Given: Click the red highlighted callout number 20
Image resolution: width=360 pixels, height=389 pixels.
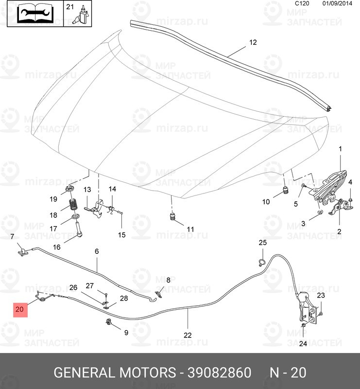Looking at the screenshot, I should pyautogui.click(x=20, y=309).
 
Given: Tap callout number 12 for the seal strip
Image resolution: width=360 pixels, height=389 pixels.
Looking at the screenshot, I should pyautogui.click(x=252, y=42).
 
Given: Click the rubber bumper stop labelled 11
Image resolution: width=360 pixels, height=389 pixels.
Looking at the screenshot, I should pyautogui.click(x=172, y=216).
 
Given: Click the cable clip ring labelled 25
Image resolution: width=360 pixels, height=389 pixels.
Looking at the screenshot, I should pyautogui.click(x=261, y=263).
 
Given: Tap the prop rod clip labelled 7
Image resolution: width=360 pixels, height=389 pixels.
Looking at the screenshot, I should pyautogui.click(x=21, y=251).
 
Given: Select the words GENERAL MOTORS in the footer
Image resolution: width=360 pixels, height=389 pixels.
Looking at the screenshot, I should pyautogui.click(x=114, y=373).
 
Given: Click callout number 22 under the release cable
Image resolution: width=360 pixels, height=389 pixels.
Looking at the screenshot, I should pyautogui.click(x=188, y=335).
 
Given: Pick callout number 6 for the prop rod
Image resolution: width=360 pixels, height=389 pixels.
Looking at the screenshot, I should pyautogui.click(x=97, y=251).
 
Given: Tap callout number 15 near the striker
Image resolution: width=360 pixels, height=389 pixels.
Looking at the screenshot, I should pyautogui.click(x=121, y=234).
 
